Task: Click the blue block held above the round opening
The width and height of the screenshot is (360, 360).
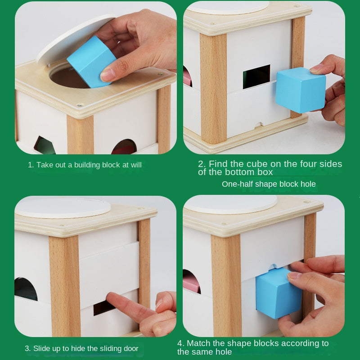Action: [x=92, y=62]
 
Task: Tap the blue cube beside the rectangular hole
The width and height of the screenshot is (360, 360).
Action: [x=301, y=90]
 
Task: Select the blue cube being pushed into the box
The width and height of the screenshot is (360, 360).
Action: [x=278, y=293]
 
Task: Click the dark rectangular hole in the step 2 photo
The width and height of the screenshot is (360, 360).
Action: [x=256, y=76]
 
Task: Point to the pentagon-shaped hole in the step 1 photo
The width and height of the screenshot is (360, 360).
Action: [x=44, y=145]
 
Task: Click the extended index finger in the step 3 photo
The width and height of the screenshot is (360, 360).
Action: [x=130, y=307]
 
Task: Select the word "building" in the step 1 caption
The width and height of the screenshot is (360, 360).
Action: [x=87, y=165]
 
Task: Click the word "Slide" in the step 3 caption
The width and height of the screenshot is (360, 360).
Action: [x=41, y=348]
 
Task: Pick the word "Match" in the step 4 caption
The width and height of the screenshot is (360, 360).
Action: [x=198, y=343]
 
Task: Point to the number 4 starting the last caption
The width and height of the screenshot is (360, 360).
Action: [x=180, y=343]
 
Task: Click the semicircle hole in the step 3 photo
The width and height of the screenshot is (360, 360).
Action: [x=26, y=289]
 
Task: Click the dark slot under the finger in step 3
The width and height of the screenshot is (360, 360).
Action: [x=103, y=308]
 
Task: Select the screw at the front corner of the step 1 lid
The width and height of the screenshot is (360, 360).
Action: [x=80, y=105]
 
